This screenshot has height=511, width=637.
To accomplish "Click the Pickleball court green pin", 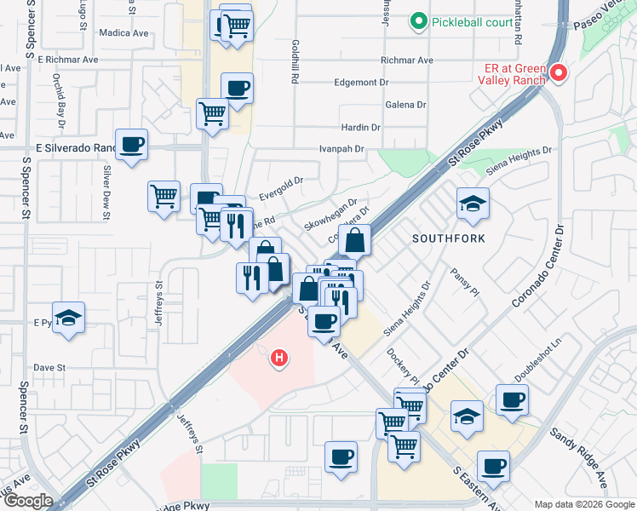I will click(418, 21).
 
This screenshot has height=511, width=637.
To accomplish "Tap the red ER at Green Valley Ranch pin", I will click(558, 73).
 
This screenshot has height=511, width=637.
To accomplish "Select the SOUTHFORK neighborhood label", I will click(448, 238).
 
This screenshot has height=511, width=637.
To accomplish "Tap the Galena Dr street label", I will click(405, 105).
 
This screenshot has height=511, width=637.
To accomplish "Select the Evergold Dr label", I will click(281, 181).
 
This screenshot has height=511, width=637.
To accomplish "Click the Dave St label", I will click(49, 368).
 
